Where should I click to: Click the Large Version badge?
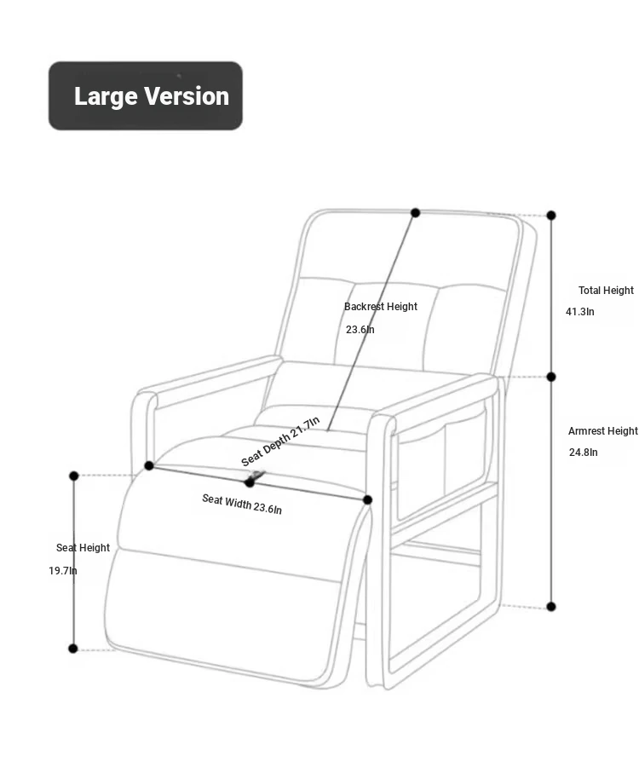point(145,95)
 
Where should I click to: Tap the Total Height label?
point(606,291)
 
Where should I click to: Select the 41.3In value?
point(580,312)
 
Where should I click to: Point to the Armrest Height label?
point(603,431)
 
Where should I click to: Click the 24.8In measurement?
point(584,452)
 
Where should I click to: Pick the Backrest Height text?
point(381,307)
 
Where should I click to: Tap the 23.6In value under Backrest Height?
point(360,330)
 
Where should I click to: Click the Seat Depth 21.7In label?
point(280,441)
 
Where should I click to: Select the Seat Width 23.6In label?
point(242,505)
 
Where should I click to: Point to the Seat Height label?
point(83,548)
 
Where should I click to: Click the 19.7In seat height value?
point(62,570)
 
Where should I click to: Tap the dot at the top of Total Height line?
point(551,216)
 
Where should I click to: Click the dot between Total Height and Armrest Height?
point(551,377)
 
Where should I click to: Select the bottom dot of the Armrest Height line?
point(551,607)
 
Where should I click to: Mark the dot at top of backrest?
point(416,213)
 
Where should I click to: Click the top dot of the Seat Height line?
point(74,476)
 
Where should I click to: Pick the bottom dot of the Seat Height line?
point(73,649)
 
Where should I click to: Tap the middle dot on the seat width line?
point(250,483)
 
